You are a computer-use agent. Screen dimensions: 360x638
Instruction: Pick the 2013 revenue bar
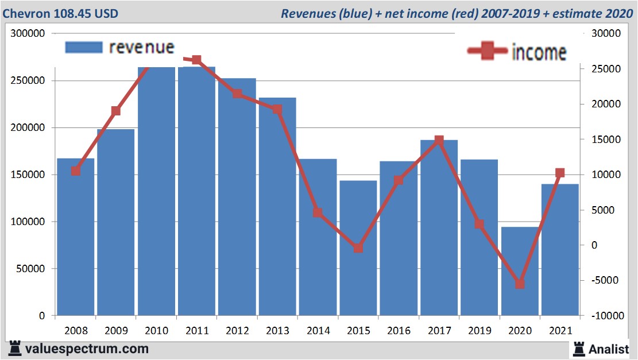pyautogui.click(x=277, y=207)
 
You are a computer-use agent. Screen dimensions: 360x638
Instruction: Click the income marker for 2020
pyautogui.click(x=520, y=284)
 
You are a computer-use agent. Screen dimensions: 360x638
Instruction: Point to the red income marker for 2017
pyautogui.click(x=439, y=140)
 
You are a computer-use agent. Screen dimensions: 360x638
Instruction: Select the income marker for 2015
pyautogui.click(x=358, y=248)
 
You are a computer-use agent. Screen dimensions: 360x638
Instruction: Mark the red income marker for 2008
pyautogui.click(x=75, y=171)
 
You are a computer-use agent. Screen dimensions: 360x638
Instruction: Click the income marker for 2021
pyautogui.click(x=560, y=173)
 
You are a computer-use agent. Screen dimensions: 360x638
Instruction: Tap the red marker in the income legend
pyautogui.click(x=488, y=51)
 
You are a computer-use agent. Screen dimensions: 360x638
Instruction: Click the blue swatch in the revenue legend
pyautogui.click(x=84, y=47)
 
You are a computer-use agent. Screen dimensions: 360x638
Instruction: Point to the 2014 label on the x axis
pyautogui.click(x=318, y=331)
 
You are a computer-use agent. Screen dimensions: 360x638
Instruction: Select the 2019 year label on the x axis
pyautogui.click(x=480, y=331)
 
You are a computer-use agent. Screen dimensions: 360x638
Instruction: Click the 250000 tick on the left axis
pyautogui.click(x=29, y=81)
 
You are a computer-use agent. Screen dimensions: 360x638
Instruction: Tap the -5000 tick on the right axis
pyautogui.click(x=603, y=281)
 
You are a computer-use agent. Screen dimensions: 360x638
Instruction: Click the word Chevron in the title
pyautogui.click(x=26, y=13)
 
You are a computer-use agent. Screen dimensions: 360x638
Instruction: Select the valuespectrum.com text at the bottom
pyautogui.click(x=86, y=349)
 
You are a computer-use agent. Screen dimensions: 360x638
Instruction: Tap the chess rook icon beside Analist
pyautogui.click(x=578, y=349)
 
